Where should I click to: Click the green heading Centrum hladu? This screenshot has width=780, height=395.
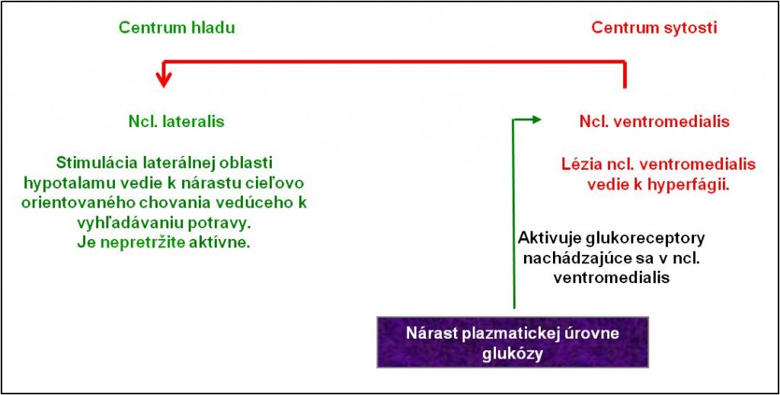177,28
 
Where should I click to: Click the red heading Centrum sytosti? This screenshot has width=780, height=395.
654,28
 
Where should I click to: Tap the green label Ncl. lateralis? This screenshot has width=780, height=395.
176,123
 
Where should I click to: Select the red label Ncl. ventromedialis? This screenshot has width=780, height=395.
654,123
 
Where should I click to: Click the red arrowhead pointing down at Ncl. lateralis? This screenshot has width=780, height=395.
164,79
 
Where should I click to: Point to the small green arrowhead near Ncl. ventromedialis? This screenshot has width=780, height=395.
535,119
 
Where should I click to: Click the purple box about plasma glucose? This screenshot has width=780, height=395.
513,342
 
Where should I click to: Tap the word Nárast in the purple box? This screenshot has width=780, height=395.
433,333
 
